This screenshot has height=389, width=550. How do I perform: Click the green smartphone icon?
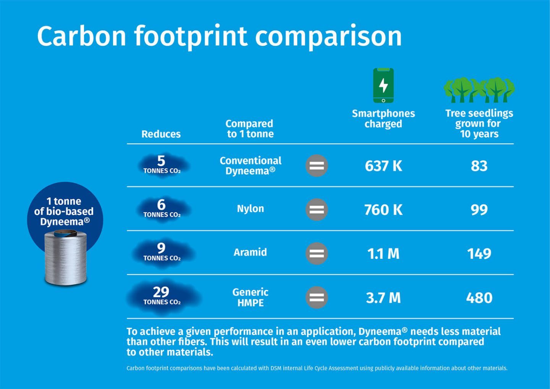pos(383,86)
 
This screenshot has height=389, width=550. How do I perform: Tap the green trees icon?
pos(479,90)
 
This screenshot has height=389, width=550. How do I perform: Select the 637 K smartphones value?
pos(383,166)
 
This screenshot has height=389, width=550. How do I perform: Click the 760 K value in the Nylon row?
pos(383,210)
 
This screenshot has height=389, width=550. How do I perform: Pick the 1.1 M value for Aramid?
pos(383,254)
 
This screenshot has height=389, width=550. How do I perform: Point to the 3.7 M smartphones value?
pos(383,298)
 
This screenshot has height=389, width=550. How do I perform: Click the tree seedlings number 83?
pos(479,166)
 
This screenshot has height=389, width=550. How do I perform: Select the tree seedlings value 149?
pos(479,254)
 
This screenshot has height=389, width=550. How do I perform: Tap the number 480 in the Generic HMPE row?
pos(479,298)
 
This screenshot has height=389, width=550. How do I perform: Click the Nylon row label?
pos(251,209)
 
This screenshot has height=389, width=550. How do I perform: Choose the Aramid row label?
pos(250,252)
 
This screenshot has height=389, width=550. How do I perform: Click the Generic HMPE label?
pos(251,297)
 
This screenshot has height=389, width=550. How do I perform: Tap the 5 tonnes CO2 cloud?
pos(162,165)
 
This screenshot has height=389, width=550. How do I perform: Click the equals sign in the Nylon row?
pos(317,209)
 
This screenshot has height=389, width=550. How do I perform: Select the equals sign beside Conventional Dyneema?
pos(317,165)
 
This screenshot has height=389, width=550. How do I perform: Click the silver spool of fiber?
pos(66,258)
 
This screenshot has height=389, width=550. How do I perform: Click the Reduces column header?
pos(161,134)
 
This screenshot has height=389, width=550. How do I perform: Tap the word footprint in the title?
pos(191,36)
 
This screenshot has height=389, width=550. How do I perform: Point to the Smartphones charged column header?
pos(383,118)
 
